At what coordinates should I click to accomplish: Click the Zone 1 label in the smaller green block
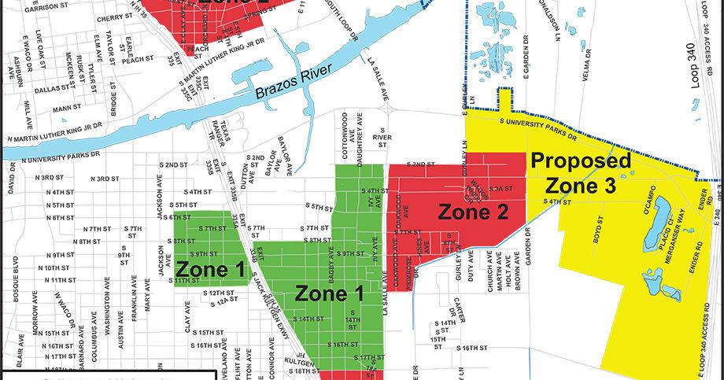click(209, 269)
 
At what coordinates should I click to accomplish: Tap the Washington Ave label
click(105, 315)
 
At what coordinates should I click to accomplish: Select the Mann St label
click(67, 107)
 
